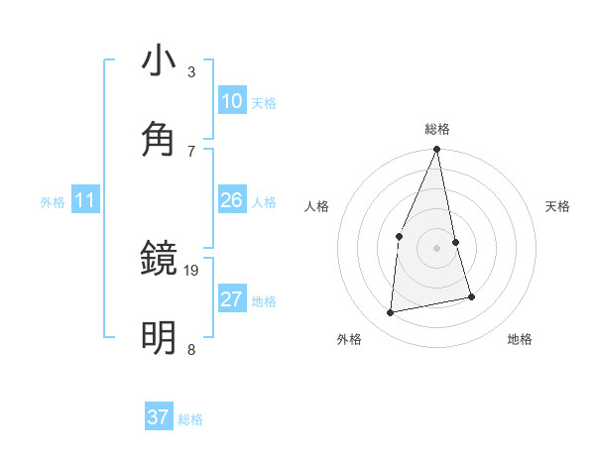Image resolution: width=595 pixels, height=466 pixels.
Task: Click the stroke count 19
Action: coord(192,270)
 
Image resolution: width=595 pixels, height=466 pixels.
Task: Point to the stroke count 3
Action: coord(191,71)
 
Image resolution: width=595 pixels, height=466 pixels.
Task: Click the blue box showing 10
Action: coord(232,101)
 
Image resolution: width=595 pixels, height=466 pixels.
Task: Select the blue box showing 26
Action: coord(232,200)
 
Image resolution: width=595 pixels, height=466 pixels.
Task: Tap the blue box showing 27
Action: coord(232,299)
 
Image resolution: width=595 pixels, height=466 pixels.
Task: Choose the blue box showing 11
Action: coord(85,200)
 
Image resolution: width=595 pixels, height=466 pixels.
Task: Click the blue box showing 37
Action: coord(159,417)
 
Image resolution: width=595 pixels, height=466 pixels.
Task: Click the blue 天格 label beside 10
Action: coord(263,103)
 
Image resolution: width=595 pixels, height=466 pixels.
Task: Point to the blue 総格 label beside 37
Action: coord(190,419)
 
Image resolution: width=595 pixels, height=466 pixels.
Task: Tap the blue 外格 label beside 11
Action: coord(53,202)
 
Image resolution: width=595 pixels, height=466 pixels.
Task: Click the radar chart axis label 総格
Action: coord(436,129)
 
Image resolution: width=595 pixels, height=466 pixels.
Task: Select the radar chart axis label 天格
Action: coord(558,206)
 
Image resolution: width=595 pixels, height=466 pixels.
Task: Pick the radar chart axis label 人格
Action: coord(316,206)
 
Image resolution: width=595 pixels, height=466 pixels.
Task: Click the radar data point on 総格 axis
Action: coord(436,150)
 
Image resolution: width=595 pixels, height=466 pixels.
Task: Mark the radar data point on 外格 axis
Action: coord(391,313)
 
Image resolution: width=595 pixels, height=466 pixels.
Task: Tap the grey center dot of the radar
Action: coord(436,248)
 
